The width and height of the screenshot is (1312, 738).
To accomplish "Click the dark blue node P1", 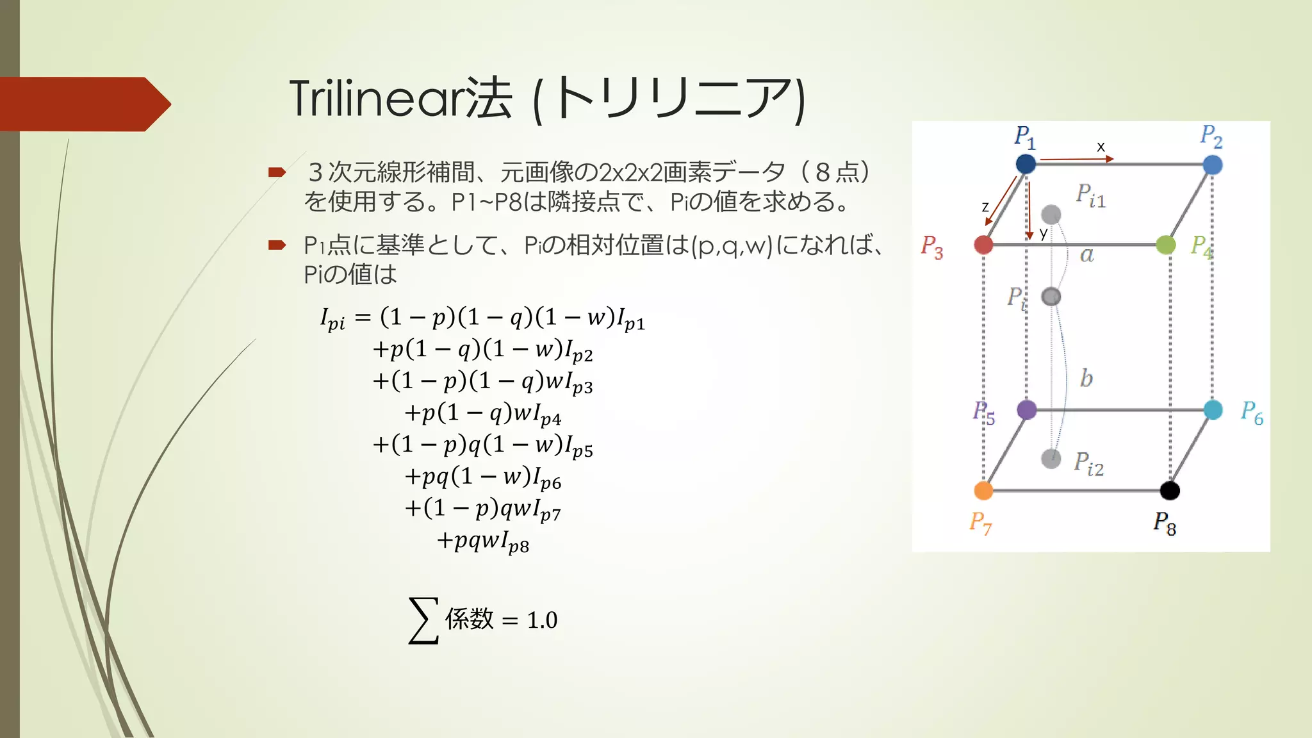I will tap(1026, 163).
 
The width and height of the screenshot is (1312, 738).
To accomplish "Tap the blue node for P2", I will tap(1212, 165).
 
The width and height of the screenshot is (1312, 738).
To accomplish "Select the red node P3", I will tap(983, 244).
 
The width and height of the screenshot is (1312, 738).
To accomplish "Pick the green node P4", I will tap(1165, 244).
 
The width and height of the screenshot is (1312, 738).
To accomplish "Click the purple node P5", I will tap(1026, 409).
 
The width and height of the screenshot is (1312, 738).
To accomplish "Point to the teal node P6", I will tap(1213, 410).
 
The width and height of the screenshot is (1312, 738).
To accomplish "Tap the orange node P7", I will tap(983, 491).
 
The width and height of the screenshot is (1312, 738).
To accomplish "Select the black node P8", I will tap(1170, 491).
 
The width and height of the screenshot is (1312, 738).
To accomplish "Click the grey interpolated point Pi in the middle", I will tap(1051, 297).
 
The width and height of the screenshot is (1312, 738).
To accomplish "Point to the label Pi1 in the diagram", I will tap(1090, 195).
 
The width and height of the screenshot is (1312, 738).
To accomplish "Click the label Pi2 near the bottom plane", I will tap(1088, 463).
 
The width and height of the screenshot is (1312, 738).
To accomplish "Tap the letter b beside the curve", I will tap(1086, 378).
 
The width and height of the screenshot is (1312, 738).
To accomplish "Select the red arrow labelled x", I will tap(1076, 158).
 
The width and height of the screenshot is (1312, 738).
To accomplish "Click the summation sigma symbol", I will tap(423, 619).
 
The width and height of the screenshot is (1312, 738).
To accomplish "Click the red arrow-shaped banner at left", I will tap(83, 104).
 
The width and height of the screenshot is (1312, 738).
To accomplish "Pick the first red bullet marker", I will tap(277, 172).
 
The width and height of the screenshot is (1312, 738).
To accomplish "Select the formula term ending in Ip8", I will tap(482, 542).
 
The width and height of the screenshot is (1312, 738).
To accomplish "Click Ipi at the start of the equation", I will tap(332, 318).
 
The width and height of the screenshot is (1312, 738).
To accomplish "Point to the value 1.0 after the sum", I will tap(542, 620).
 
